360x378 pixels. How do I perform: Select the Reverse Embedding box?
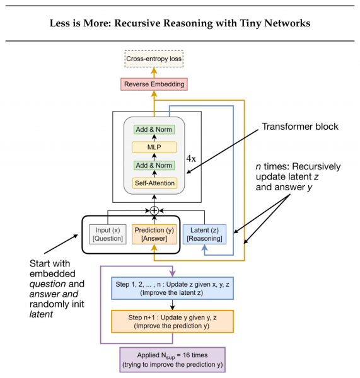click(154, 84)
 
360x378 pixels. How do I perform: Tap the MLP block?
click(154, 147)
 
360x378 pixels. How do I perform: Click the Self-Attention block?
click(154, 183)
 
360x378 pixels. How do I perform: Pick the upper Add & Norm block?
click(154, 129)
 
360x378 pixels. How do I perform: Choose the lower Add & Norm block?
click(154, 165)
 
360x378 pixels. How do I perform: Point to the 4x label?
click(190, 159)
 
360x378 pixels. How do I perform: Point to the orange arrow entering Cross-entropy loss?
click(154, 72)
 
